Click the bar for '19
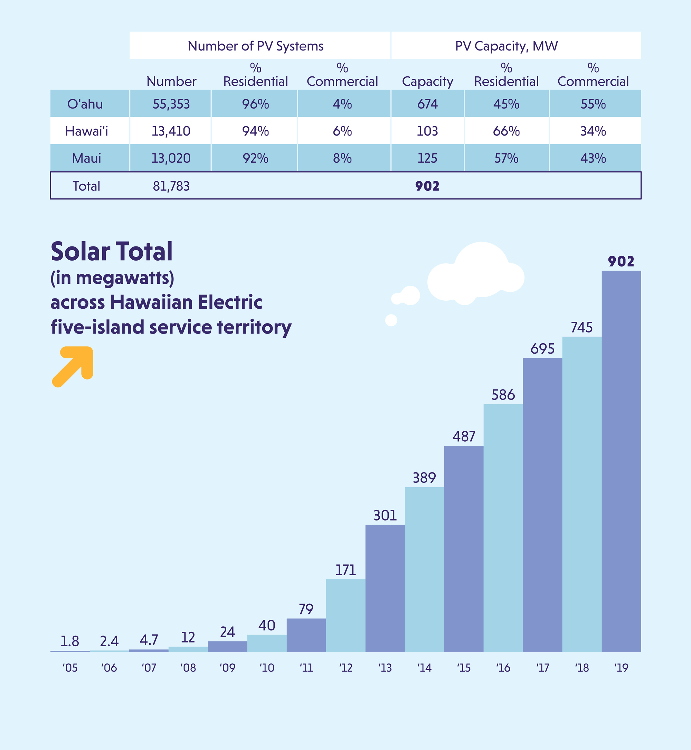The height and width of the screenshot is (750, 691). point(621,461)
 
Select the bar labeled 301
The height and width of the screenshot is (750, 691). point(385,588)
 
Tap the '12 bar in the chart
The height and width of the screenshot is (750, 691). point(345,615)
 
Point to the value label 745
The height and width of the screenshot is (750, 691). point(581,328)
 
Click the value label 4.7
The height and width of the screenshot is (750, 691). point(149,640)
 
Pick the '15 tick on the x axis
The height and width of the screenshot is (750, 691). point(464,668)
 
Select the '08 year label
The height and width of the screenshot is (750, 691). point(188,668)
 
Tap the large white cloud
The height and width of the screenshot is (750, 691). point(477,275)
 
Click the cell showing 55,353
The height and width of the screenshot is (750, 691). point(171,104)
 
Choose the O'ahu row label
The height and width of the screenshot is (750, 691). point(85,104)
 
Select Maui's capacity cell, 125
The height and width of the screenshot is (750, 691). point(427,158)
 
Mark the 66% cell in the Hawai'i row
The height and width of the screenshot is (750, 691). point(506,131)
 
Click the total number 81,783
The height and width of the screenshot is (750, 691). point(171,186)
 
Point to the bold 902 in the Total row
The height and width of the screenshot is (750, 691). point(427,186)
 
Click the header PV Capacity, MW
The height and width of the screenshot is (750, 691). point(506,46)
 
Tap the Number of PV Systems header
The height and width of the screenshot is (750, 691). point(255,46)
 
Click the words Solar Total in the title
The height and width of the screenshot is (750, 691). point(112,251)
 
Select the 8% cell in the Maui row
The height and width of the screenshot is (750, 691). point(342,158)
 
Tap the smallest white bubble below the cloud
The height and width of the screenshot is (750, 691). point(391,320)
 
